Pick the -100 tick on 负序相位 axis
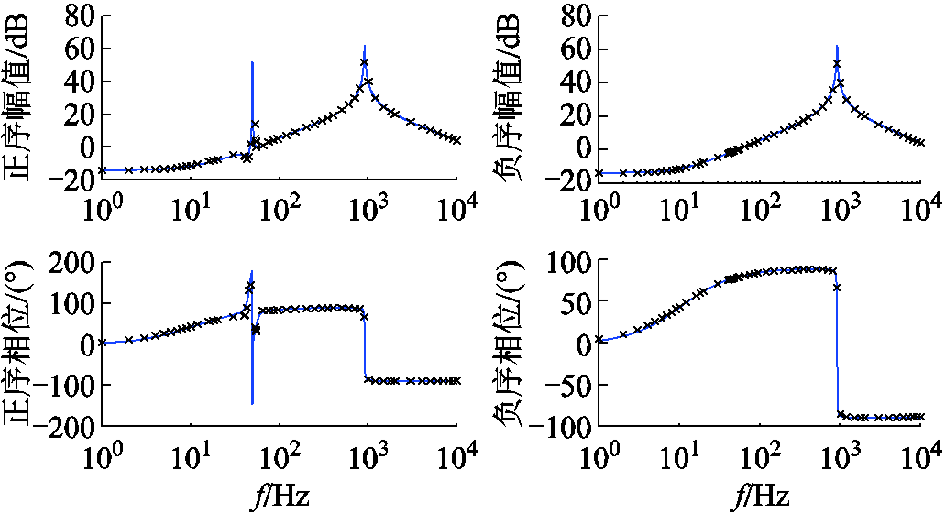(x=561, y=425)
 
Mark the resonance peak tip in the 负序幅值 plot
(x=837, y=46)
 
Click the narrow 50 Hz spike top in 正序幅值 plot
(x=252, y=62)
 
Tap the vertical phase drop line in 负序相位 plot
(x=837, y=348)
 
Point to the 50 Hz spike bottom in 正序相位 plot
(x=252, y=403)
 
